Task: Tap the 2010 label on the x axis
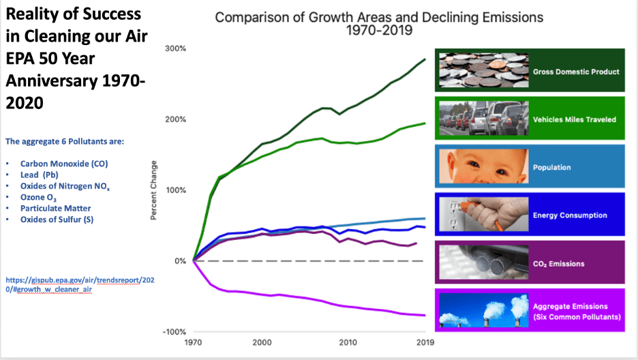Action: [348, 342]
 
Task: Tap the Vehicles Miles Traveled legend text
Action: [576, 119]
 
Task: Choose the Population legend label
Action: [552, 167]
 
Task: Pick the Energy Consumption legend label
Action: [570, 215]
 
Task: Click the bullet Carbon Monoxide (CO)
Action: [64, 164]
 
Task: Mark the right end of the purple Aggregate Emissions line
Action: [425, 315]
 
